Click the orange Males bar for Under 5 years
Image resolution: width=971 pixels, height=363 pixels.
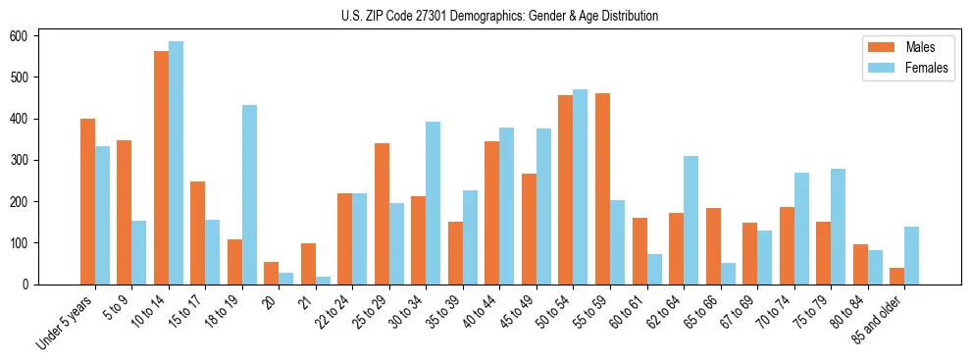point(87,201)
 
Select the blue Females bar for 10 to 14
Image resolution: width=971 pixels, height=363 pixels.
point(176,163)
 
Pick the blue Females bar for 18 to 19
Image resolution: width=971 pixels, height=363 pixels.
point(249,194)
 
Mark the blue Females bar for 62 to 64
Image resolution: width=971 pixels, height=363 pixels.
point(690,220)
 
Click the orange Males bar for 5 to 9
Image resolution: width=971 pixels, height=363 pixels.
point(125,212)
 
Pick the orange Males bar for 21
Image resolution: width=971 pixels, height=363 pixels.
point(308,264)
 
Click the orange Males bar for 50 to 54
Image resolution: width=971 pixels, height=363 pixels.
point(566,189)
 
